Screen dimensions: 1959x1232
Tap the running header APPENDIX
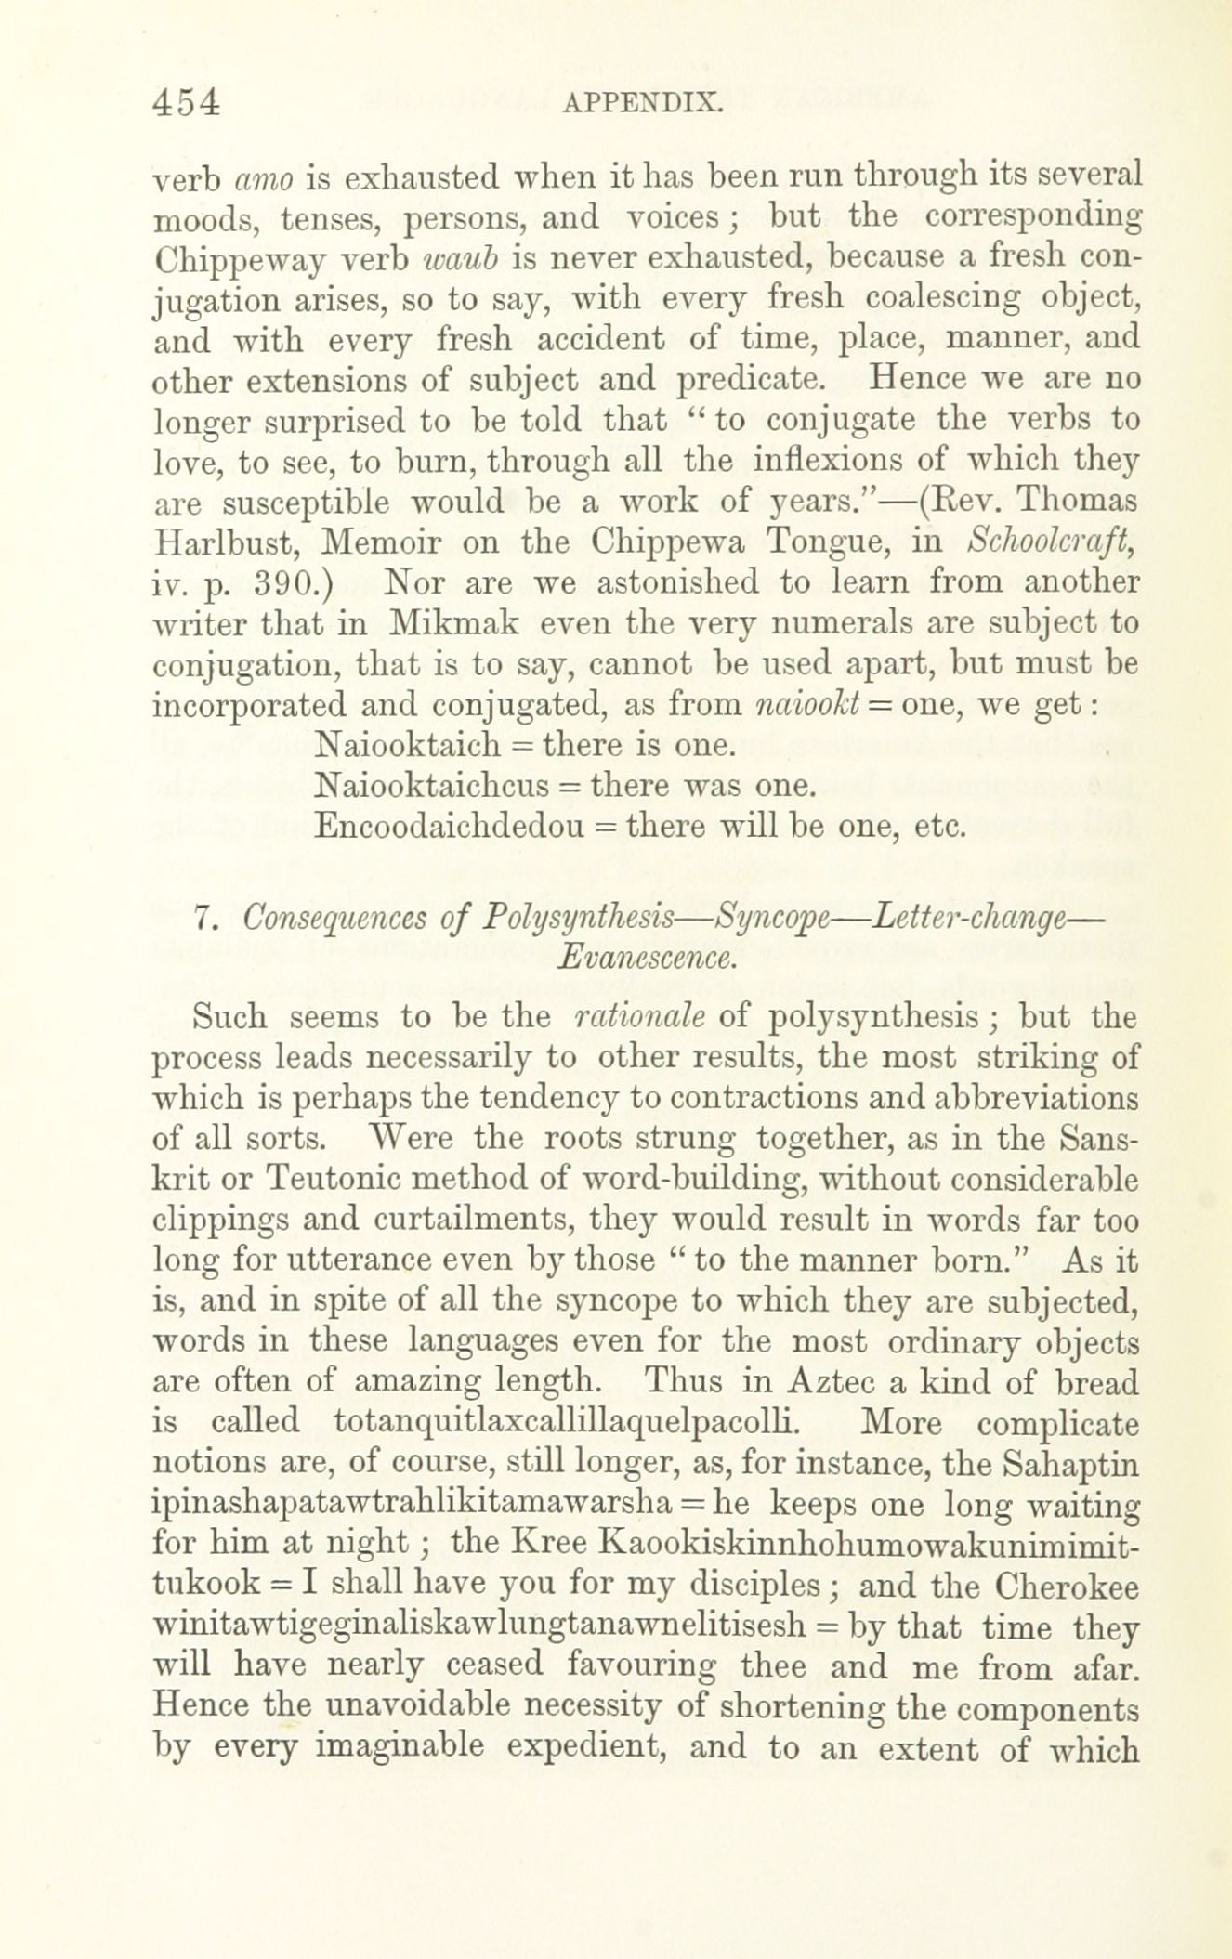pyautogui.click(x=642, y=102)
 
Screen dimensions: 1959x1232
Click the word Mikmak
pyautogui.click(x=454, y=623)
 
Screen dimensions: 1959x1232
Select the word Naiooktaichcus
pyautogui.click(x=432, y=786)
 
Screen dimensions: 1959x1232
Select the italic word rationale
pyautogui.click(x=639, y=1017)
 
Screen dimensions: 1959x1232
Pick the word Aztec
pyautogui.click(x=830, y=1383)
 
